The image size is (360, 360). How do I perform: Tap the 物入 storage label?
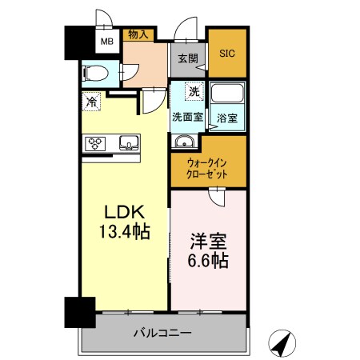click(138, 34)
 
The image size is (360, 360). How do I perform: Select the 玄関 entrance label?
click(187, 58)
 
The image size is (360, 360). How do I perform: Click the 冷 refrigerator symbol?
click(92, 102)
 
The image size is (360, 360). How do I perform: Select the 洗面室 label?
click(187, 117)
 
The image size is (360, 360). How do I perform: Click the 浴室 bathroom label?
click(228, 118)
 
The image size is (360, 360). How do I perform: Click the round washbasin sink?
click(185, 143)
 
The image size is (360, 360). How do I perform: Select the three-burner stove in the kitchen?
click(97, 144)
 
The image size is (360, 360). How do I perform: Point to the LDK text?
click(124, 214)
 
